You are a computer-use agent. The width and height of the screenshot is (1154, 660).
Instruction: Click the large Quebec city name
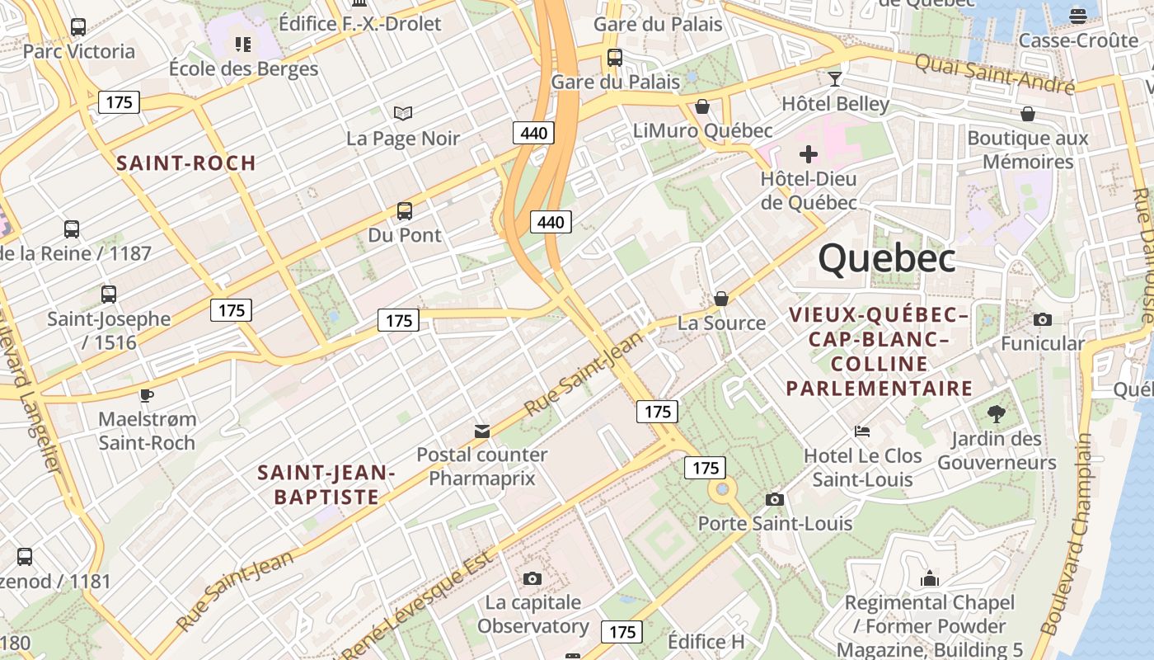(x=886, y=258)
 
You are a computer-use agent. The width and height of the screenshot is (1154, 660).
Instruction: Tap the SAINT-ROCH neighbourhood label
(x=186, y=163)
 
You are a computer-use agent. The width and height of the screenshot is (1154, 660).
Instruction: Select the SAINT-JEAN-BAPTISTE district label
(x=326, y=484)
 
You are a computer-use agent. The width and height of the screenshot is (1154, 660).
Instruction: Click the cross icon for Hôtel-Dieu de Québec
(x=808, y=154)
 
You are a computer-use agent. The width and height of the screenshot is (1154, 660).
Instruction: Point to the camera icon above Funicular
(x=1042, y=319)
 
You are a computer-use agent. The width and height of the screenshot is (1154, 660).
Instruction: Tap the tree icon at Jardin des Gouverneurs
(x=996, y=413)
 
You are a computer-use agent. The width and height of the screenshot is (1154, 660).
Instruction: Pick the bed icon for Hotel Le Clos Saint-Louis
(x=862, y=431)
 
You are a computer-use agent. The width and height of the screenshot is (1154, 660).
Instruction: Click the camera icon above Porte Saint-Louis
(x=774, y=499)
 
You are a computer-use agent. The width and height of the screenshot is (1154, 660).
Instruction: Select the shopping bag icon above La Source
(x=721, y=298)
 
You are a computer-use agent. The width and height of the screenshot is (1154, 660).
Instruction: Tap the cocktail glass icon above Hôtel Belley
(x=835, y=79)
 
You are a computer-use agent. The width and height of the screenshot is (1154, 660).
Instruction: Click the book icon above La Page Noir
(x=402, y=113)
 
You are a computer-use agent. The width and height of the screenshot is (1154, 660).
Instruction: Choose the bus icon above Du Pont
(x=404, y=210)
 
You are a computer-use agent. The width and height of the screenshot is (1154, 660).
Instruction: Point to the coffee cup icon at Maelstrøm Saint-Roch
(x=146, y=395)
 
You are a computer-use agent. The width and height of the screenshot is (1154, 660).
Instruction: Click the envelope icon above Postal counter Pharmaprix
(x=481, y=431)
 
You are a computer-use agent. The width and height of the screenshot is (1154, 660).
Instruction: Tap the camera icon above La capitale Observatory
(x=532, y=577)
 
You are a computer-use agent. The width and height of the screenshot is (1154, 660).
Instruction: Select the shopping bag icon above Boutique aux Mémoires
(x=1027, y=113)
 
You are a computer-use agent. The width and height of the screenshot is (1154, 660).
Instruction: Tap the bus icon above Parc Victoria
(x=78, y=27)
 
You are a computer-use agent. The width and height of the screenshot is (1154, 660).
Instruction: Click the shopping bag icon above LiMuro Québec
(x=702, y=106)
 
